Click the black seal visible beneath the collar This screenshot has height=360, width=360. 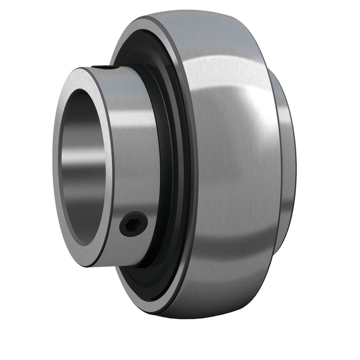[144, 282]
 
